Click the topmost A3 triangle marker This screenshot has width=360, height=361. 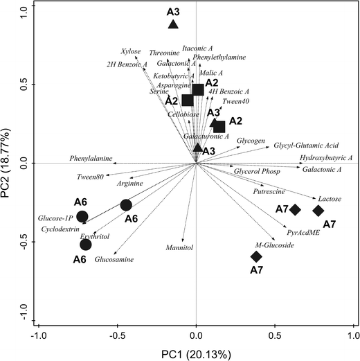pyautogui.click(x=173, y=25)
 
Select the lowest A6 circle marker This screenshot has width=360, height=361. pyautogui.click(x=86, y=244)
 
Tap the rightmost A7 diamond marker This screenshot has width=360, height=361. pyautogui.click(x=318, y=211)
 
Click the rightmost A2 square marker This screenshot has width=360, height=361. pyautogui.click(x=219, y=127)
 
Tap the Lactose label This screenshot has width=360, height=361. pyautogui.click(x=330, y=199)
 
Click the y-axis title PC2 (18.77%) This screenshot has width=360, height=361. pyautogui.click(x=8, y=164)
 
